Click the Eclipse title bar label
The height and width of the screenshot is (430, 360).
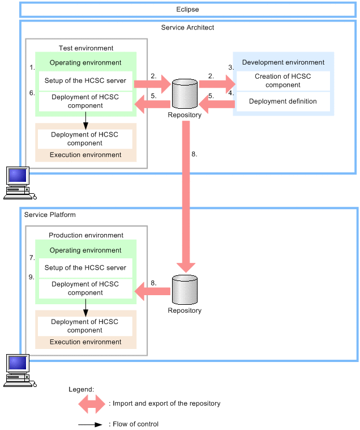click(187, 10)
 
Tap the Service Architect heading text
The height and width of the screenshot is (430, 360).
click(187, 27)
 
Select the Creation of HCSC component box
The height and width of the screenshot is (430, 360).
click(282, 81)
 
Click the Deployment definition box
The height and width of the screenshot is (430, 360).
click(282, 101)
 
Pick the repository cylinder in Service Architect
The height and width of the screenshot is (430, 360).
click(185, 93)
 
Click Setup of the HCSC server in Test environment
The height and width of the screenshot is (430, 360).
click(85, 80)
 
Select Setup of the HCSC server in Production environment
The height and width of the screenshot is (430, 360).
click(85, 268)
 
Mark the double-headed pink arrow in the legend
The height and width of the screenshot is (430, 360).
click(92, 403)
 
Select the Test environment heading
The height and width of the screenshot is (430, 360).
click(86, 48)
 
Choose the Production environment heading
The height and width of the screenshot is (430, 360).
click(86, 235)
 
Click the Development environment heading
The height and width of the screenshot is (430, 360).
click(283, 62)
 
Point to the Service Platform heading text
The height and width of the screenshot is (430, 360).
click(50, 215)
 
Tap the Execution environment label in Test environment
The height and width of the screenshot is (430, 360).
click(85, 155)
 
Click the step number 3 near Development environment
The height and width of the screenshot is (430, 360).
click(231, 67)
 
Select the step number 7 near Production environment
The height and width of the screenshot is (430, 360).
click(32, 258)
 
